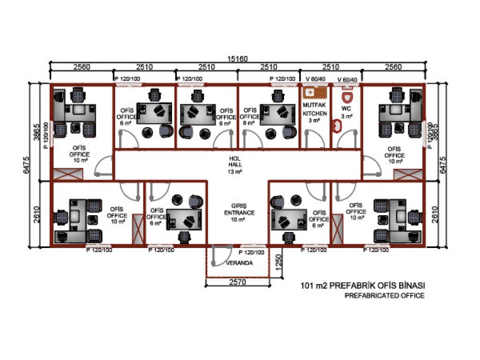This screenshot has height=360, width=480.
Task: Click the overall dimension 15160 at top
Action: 238,59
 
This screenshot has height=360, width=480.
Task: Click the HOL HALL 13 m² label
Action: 235,165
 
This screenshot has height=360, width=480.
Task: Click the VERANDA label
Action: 239,263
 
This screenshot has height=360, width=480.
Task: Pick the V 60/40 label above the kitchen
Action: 315,79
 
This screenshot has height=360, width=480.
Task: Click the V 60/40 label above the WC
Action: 347,79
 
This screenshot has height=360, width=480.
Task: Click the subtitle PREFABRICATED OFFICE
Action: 384,296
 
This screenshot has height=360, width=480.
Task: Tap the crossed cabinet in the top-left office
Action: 68,175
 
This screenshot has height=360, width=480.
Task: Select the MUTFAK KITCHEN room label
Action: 315,110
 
